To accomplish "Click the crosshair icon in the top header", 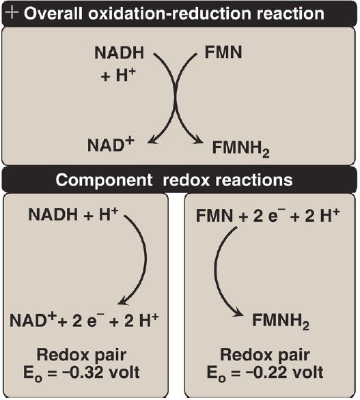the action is (12, 12).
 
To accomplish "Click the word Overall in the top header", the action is (53, 14).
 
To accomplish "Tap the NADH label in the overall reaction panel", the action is (120, 53).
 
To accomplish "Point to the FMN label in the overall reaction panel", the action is (223, 53).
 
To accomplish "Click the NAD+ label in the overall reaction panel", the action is (111, 144).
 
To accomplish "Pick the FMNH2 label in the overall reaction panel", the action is (240, 149).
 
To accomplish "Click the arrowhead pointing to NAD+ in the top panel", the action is (152, 139).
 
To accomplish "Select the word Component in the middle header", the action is (104, 180).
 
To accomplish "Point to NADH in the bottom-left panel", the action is (53, 214).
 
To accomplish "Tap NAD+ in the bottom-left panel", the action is (33, 320).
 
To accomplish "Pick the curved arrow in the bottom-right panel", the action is (215, 268).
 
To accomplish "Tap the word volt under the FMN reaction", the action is (308, 373).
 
